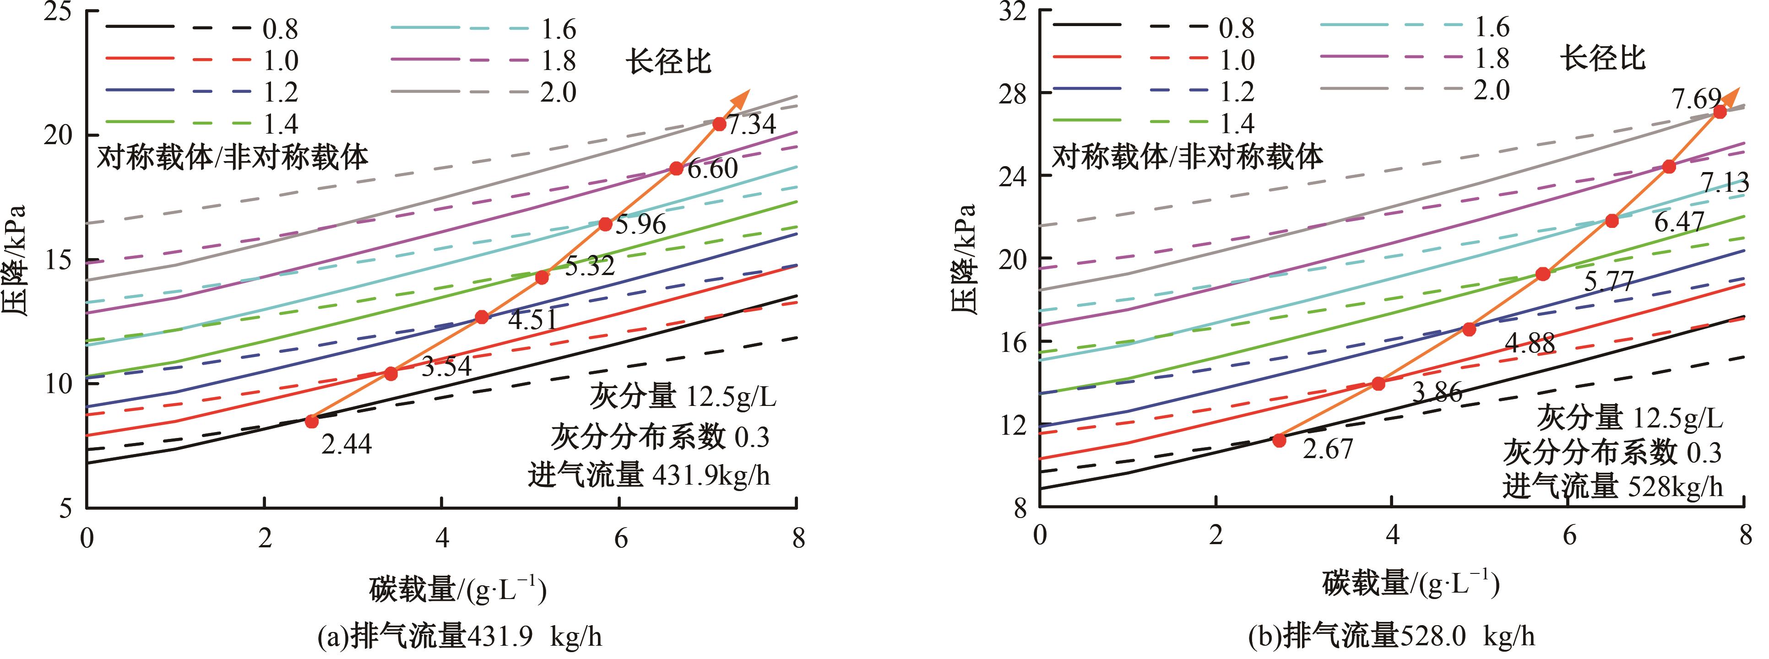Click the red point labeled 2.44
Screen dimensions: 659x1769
(x=312, y=421)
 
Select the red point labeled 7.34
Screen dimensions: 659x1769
(x=719, y=124)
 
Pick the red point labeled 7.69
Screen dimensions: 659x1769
(x=1720, y=112)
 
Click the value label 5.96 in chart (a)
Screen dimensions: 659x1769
(x=640, y=224)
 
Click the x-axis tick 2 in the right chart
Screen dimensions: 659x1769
(x=1216, y=535)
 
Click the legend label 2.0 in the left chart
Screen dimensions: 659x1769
(x=558, y=92)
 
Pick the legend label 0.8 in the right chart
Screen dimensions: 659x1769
(x=1236, y=28)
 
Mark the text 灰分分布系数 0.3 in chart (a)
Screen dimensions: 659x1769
(x=659, y=437)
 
